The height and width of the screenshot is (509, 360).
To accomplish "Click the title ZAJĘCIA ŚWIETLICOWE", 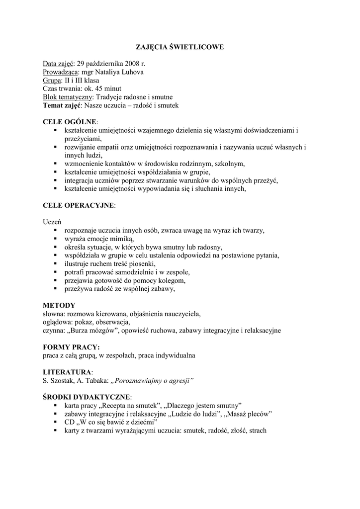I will click(x=180, y=47).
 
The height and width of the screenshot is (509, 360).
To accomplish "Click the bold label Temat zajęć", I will click(x=62, y=105).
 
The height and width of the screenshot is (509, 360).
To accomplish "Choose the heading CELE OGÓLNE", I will click(x=70, y=122).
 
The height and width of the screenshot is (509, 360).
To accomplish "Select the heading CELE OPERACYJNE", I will click(x=79, y=205).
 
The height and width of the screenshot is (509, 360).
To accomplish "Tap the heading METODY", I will click(x=59, y=305).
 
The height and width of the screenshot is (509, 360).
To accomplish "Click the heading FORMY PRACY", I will click(x=71, y=347).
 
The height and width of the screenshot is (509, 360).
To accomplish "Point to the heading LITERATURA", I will click(x=67, y=372).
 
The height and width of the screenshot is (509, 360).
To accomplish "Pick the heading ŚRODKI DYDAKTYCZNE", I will click(x=87, y=397).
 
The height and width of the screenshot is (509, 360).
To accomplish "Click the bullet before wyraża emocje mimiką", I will click(x=55, y=239).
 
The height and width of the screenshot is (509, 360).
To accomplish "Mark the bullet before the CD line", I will click(x=55, y=422).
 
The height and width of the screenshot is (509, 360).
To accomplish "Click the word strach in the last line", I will click(x=258, y=430).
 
